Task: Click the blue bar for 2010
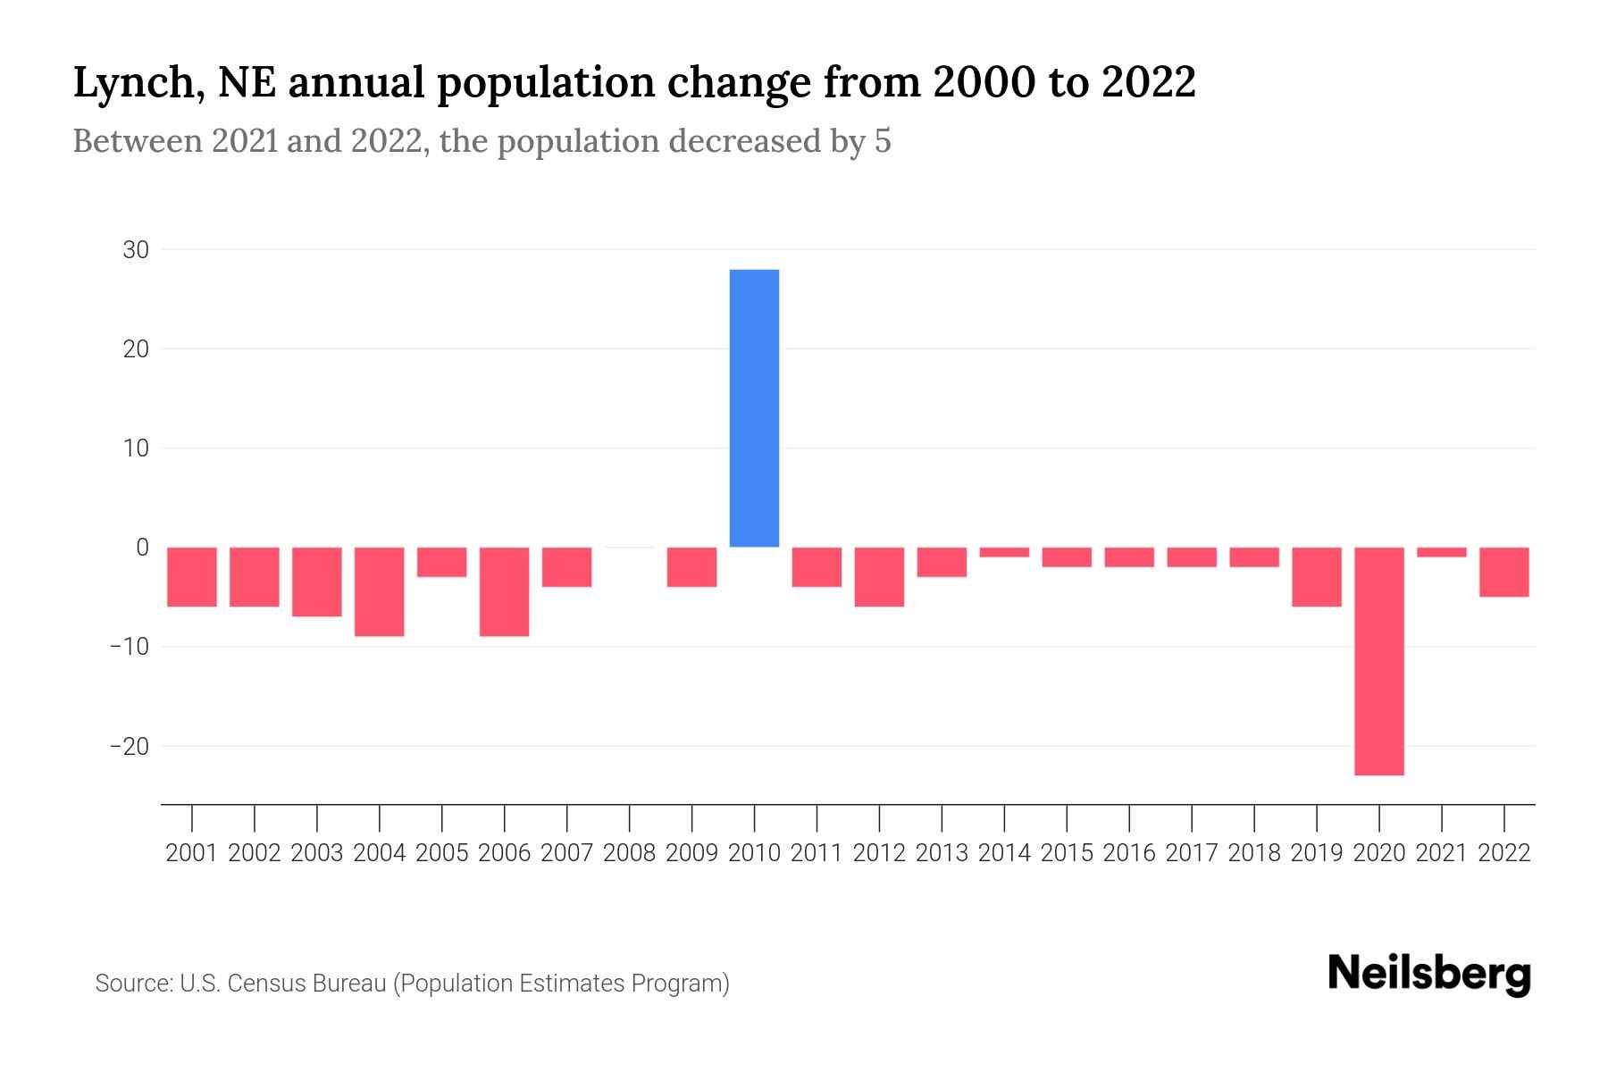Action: tap(754, 408)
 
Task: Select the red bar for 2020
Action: tap(1378, 661)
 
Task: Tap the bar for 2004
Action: tap(380, 591)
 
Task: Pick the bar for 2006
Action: tap(505, 591)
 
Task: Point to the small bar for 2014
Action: tap(1004, 552)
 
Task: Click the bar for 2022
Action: tap(1504, 572)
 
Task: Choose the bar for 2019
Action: tap(1317, 577)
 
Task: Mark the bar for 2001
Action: tap(192, 577)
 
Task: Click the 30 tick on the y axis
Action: tap(136, 250)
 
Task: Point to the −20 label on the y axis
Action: tap(129, 746)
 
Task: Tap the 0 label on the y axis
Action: tap(142, 548)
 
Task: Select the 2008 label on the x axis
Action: tap(630, 853)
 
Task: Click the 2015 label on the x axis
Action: tap(1067, 853)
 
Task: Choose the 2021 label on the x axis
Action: tap(1441, 853)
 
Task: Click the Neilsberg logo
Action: tap(1428, 975)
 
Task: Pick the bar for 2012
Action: tap(879, 577)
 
